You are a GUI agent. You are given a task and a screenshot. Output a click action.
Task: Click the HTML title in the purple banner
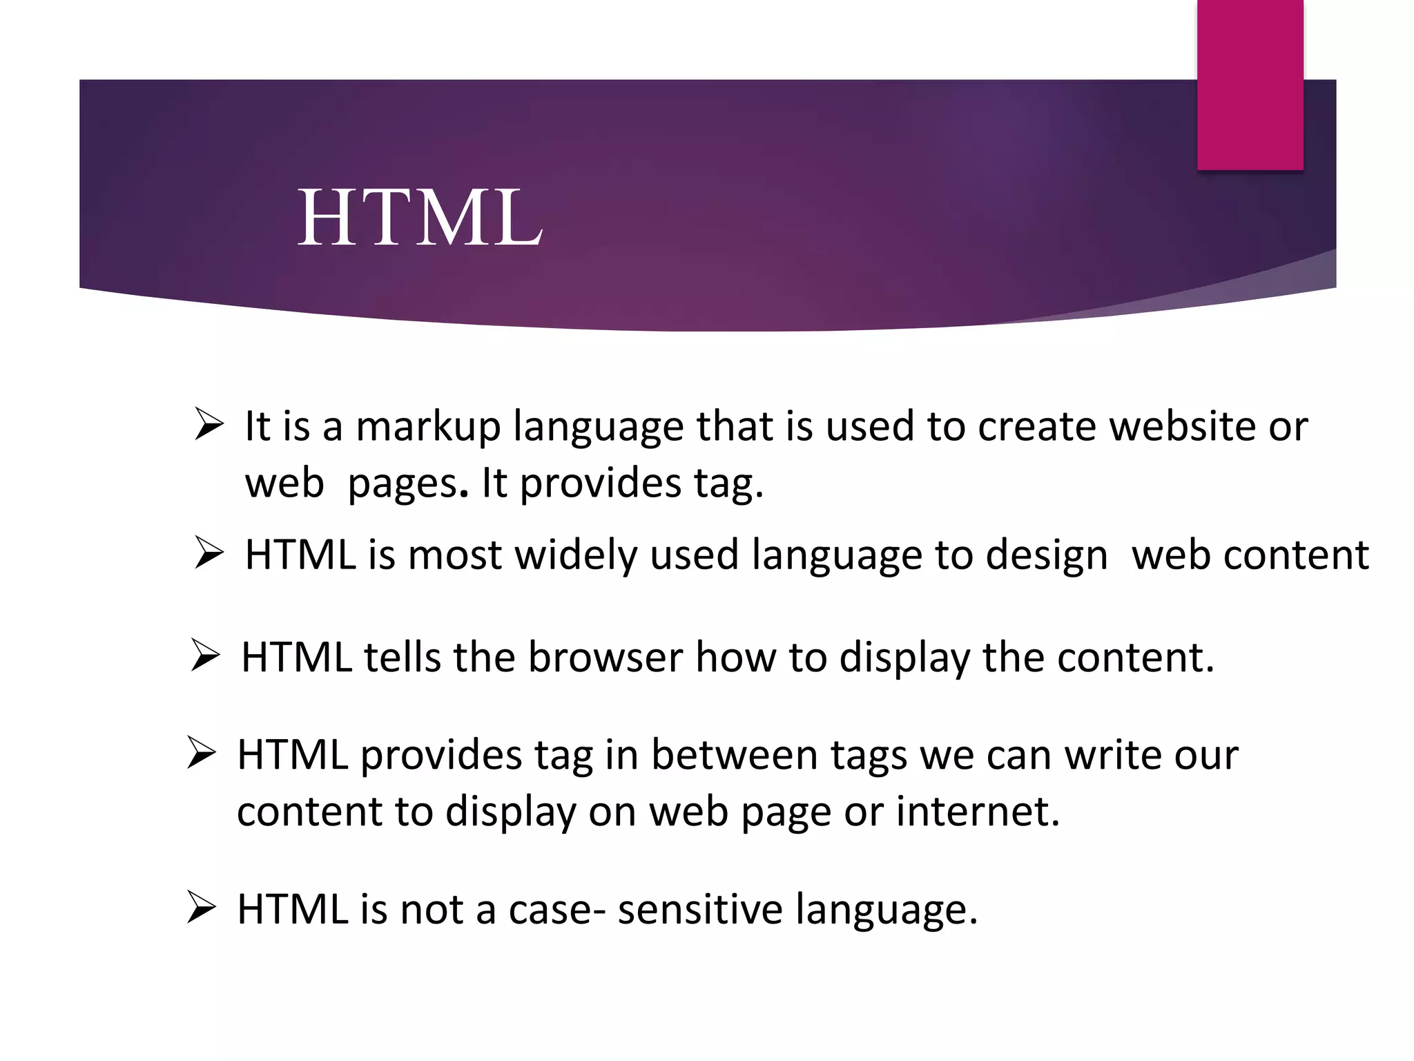click(420, 218)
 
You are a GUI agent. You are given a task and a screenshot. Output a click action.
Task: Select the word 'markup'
click(427, 427)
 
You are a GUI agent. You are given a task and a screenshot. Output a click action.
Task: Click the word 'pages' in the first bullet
click(401, 484)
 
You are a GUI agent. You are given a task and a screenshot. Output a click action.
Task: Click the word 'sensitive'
click(700, 909)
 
